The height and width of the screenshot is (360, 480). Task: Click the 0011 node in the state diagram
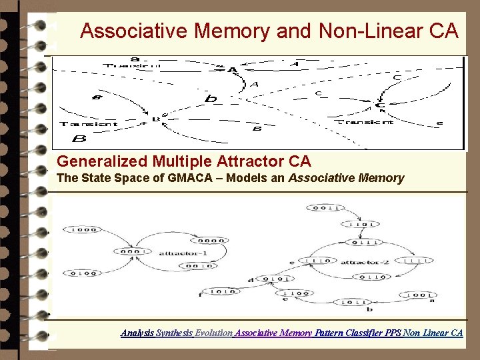[326, 209]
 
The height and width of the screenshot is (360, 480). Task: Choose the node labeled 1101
[364, 225]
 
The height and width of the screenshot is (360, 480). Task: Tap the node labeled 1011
[353, 302]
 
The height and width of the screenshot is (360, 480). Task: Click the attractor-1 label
[175, 253]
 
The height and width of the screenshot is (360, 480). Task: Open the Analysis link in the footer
[137, 332]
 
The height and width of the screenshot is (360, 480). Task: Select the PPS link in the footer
[393, 332]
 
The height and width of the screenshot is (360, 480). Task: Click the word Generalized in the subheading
[103, 161]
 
